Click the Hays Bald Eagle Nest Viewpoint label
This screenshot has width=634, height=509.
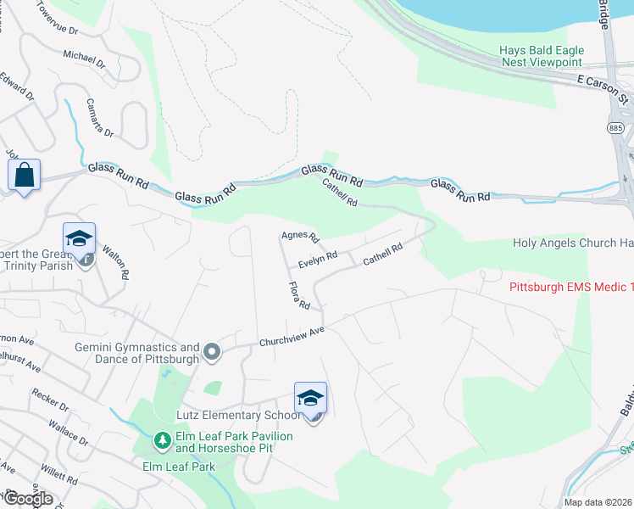[540, 56]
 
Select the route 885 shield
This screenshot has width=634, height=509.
[615, 126]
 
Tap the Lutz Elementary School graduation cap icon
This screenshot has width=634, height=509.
[310, 397]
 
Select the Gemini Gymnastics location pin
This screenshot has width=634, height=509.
[213, 350]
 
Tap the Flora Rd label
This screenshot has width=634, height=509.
[299, 295]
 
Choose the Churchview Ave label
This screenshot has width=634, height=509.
[292, 337]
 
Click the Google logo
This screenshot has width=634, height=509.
[27, 498]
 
